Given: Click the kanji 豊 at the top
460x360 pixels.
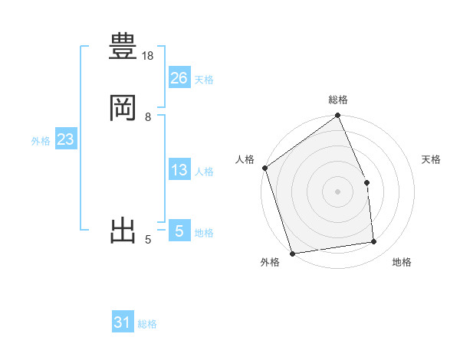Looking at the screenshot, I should pyautogui.click(x=123, y=48).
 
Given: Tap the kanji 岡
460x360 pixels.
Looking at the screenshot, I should pyautogui.click(x=123, y=108).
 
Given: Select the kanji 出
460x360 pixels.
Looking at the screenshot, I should pyautogui.click(x=123, y=231).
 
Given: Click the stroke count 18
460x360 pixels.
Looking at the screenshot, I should pyautogui.click(x=149, y=56).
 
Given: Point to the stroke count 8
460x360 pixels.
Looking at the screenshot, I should pyautogui.click(x=148, y=116).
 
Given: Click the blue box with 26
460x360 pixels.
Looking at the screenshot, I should pyautogui.click(x=179, y=78).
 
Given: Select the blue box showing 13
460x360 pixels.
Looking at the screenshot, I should pyautogui.click(x=179, y=170).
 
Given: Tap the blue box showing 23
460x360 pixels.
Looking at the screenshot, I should pyautogui.click(x=65, y=139).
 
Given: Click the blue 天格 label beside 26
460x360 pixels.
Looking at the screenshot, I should pyautogui.click(x=204, y=80).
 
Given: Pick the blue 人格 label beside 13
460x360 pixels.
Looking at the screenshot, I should pyautogui.click(x=204, y=172).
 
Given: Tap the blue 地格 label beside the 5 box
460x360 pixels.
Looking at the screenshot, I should pyautogui.click(x=204, y=233).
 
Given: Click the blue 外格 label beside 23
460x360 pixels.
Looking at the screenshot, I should pyautogui.click(x=41, y=141).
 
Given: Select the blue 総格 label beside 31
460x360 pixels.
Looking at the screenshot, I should pyautogui.click(x=147, y=324).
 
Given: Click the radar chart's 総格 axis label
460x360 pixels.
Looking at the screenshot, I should pyautogui.click(x=338, y=100).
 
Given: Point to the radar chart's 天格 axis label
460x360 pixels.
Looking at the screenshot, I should pyautogui.click(x=432, y=159).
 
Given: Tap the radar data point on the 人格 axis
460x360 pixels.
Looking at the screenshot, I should pyautogui.click(x=264, y=168).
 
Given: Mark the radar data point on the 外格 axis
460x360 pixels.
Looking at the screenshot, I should pyautogui.click(x=292, y=252).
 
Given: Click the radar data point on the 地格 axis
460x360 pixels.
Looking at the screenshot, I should pyautogui.click(x=374, y=242).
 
